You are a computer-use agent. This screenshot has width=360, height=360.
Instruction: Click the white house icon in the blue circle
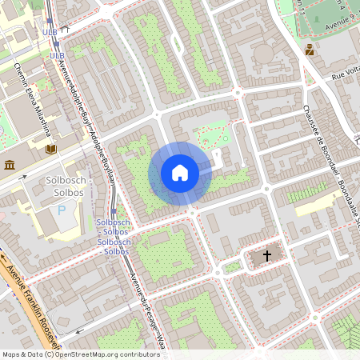click(x=180, y=173)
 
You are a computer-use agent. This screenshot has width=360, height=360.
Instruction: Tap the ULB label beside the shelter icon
click(x=50, y=32)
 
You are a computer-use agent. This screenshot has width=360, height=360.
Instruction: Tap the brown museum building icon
click(x=10, y=165)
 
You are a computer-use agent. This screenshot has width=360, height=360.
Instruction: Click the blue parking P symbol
click(x=62, y=210)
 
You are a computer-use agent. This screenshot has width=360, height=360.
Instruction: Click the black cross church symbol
click(x=266, y=256)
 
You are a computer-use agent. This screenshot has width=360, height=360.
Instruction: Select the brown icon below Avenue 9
click(x=309, y=49)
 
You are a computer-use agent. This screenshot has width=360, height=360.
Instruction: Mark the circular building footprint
click(x=262, y=54)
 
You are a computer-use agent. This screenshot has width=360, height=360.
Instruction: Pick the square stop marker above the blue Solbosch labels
click(x=113, y=206)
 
